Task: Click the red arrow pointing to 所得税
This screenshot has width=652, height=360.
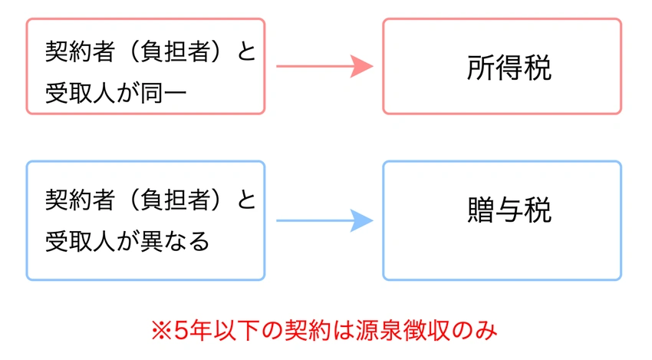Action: point(322,67)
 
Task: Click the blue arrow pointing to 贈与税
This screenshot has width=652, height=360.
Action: point(322,221)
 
